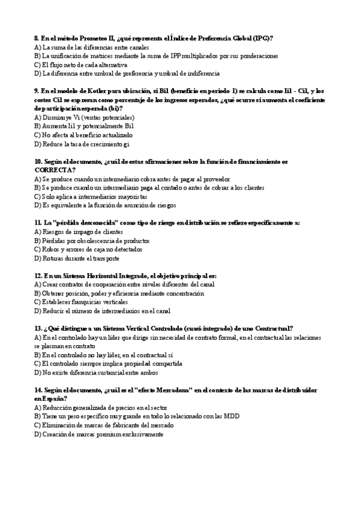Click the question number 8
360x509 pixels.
(x=37, y=38)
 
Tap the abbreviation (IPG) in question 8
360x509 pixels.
(x=262, y=38)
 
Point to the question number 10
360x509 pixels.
(x=38, y=161)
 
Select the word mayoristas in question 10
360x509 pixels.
(x=129, y=196)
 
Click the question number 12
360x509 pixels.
(x=38, y=276)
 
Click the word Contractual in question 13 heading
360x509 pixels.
(x=269, y=328)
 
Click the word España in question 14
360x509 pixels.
(x=51, y=399)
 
